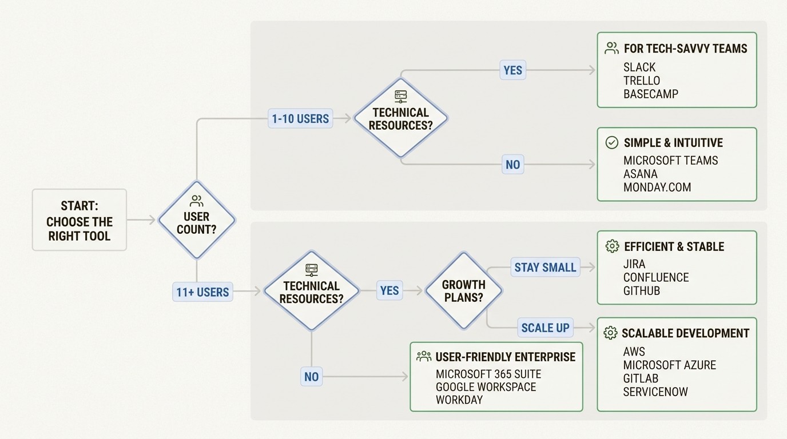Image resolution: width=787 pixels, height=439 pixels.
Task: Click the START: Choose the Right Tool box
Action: coord(79,220)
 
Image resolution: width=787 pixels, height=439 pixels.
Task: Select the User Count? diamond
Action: coord(196,220)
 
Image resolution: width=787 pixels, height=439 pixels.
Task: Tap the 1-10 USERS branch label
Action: coord(300,119)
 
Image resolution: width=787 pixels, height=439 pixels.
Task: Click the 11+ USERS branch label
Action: coord(202,292)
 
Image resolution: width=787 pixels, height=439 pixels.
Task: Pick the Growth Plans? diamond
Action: coord(463,290)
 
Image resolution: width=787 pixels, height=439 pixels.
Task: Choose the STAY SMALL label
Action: coord(545,268)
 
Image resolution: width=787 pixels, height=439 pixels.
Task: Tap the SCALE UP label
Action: coord(545,328)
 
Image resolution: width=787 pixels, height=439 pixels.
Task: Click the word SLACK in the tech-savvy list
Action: coord(639,67)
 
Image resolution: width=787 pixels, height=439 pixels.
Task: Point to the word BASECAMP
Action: coord(650,94)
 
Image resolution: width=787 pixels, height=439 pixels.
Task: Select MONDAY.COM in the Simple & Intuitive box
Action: coord(657,187)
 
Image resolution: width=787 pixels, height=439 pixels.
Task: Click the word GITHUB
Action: coord(641,290)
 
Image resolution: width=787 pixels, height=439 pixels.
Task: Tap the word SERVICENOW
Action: coord(655,392)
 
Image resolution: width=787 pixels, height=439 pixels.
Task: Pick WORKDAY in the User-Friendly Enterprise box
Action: coord(459,400)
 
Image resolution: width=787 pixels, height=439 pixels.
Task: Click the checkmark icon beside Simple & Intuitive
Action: coord(611,142)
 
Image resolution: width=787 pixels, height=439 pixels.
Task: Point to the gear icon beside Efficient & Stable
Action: coord(611,246)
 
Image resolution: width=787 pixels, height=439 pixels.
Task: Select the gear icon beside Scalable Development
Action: coord(610,333)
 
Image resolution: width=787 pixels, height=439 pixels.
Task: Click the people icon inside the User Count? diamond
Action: coord(196,201)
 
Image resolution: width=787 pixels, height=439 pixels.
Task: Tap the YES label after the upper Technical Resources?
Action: coord(512,70)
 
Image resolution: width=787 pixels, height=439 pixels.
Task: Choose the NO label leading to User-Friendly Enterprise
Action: coord(311,377)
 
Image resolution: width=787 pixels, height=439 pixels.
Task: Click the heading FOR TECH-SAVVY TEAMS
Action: coord(685,49)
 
